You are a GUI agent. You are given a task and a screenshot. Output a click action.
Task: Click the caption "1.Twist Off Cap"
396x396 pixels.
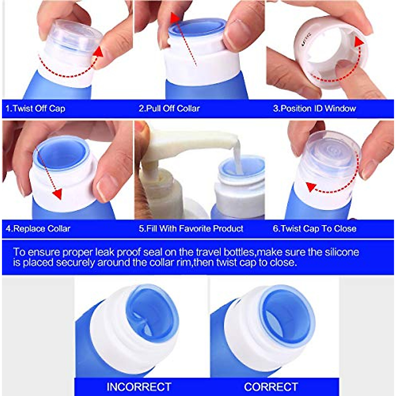point(36,109)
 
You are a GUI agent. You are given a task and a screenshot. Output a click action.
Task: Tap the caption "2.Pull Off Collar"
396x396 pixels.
point(169,109)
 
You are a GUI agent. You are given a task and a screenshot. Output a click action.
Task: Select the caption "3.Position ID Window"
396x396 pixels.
point(314,109)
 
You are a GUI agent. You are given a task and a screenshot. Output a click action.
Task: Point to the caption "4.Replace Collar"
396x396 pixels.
point(38,229)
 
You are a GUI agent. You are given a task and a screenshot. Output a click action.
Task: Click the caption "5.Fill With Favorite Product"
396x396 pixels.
point(191,229)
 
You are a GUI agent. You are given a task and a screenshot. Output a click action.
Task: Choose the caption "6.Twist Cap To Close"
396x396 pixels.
point(314,229)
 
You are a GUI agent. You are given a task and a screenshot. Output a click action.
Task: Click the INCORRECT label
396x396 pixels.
point(139,386)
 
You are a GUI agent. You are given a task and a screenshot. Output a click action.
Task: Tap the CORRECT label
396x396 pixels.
point(271,386)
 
